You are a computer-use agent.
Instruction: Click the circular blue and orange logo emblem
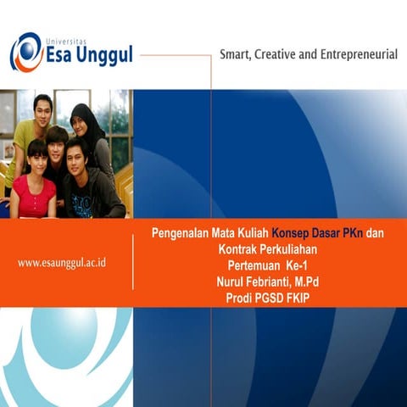26,52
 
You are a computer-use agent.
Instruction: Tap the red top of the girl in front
32,197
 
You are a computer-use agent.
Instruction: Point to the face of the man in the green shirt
42,109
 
